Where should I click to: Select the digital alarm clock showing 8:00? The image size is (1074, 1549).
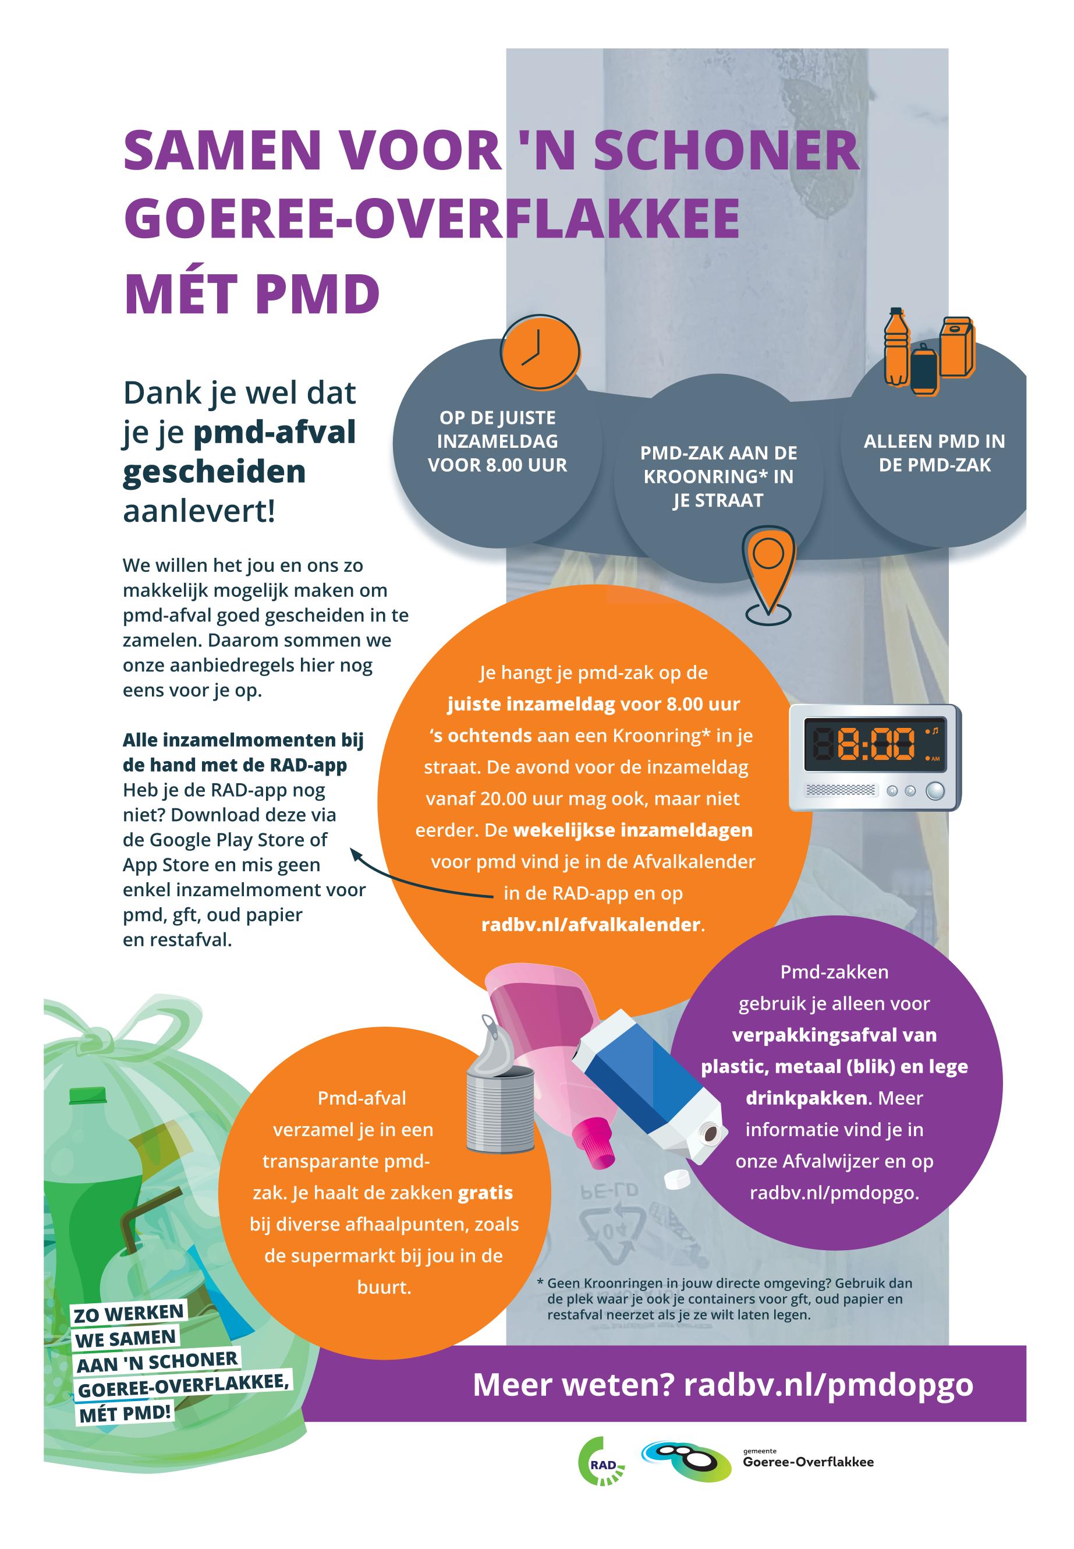pyautogui.click(x=875, y=758)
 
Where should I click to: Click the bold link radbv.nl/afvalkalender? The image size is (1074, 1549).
pyautogui.click(x=591, y=924)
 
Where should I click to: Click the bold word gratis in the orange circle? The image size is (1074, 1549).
pyautogui.click(x=485, y=1192)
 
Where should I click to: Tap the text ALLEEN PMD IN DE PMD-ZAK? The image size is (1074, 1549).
pyautogui.click(x=934, y=453)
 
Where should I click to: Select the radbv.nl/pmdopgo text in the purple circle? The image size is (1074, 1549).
pyautogui.click(x=834, y=1192)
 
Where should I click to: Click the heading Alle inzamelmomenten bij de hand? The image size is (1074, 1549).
pyautogui.click(x=243, y=752)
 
